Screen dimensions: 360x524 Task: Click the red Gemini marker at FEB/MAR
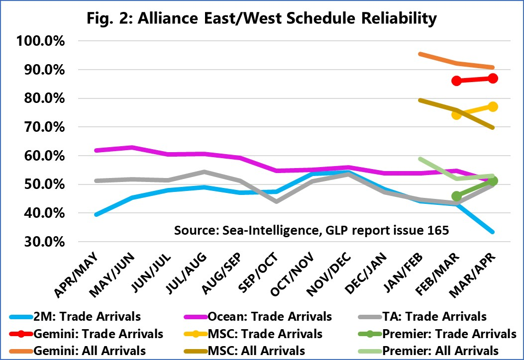coord(456,81)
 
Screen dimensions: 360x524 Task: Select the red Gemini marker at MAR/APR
coord(493,78)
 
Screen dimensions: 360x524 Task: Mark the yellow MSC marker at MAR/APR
coord(493,106)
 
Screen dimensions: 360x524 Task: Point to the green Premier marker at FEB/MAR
coord(456,196)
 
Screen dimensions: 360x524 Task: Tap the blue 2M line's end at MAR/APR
coord(493,232)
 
